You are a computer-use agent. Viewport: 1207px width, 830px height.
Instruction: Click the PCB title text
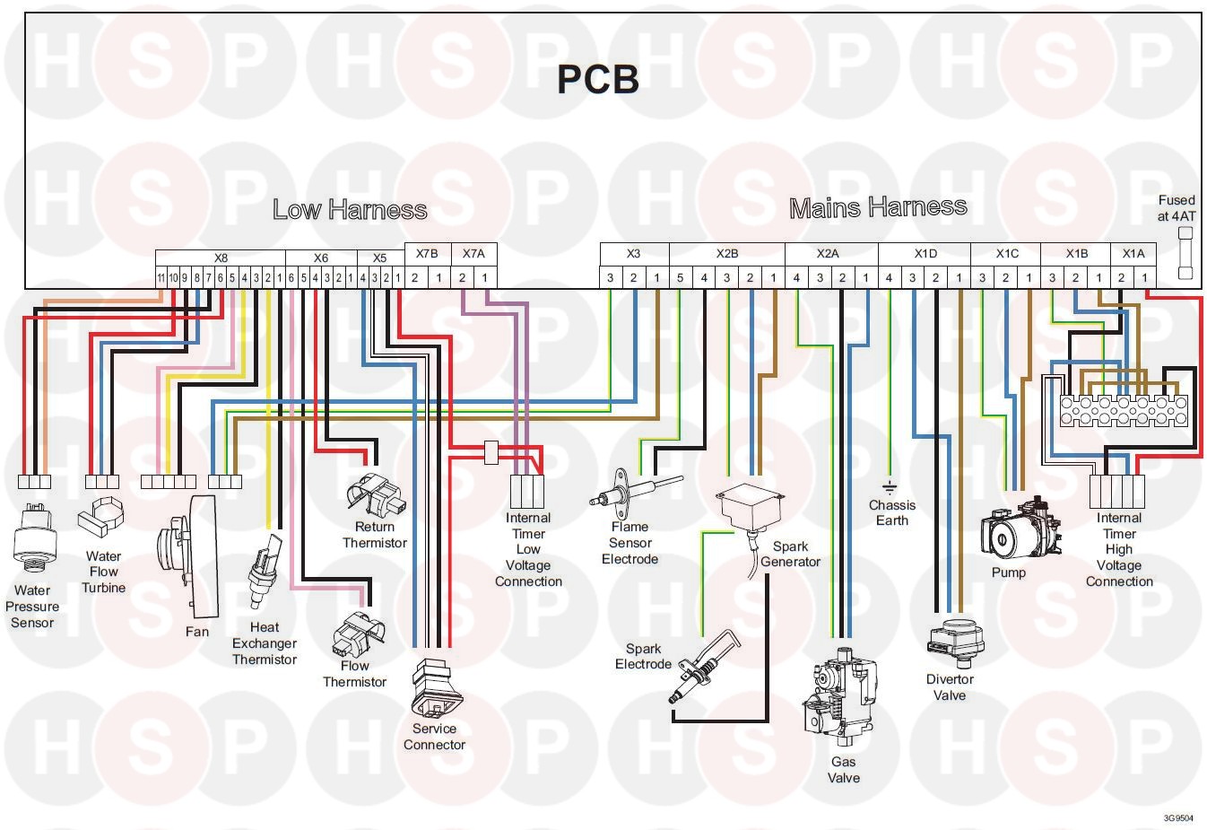point(597,80)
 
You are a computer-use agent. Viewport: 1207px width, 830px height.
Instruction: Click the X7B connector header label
point(427,253)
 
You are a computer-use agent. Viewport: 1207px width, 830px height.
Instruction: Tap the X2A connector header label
point(828,253)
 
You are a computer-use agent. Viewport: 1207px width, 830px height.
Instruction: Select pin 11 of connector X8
point(161,278)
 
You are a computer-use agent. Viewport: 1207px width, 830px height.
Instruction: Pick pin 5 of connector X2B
point(680,278)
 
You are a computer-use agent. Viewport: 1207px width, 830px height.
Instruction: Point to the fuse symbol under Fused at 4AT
point(1185,253)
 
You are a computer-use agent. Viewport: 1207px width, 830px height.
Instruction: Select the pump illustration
point(1020,532)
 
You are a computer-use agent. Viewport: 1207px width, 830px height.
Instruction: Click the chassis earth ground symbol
point(890,488)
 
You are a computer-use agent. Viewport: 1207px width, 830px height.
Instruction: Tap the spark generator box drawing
point(749,508)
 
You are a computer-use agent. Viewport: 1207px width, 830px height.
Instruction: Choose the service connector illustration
point(437,687)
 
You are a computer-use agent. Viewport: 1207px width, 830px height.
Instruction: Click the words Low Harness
point(350,209)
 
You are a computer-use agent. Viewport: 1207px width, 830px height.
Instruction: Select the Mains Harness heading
point(878,207)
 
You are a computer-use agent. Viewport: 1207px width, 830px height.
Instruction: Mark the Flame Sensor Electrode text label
point(630,543)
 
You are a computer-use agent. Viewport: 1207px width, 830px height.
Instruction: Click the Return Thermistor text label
point(375,535)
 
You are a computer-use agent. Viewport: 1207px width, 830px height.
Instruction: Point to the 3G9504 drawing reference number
point(1178,818)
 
